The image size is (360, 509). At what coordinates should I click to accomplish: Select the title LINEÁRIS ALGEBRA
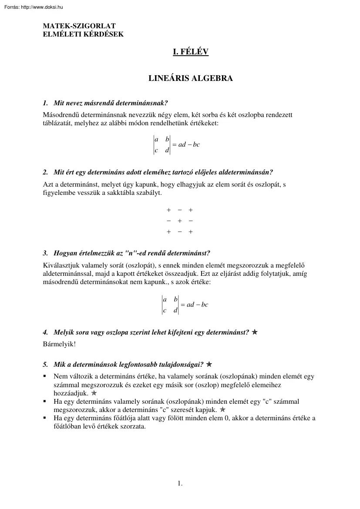[x=191, y=79]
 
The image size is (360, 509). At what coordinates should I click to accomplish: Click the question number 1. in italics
[x=45, y=103]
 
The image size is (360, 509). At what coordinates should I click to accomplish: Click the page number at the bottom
[x=180, y=483]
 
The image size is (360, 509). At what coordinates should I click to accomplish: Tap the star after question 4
[x=255, y=332]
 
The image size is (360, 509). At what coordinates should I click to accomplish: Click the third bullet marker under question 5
[x=44, y=418]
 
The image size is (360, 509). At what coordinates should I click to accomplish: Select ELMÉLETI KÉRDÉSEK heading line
[x=83, y=34]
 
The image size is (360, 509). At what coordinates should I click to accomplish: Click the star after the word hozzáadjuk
[x=94, y=393]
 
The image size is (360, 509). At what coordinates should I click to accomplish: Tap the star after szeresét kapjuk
[x=222, y=410]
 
